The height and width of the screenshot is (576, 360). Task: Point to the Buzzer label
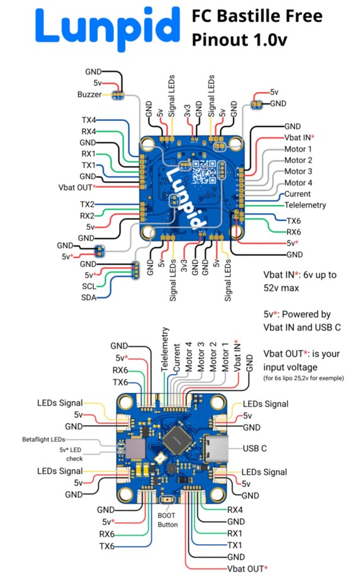coord(89,94)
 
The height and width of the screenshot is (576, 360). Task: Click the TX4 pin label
coord(89,120)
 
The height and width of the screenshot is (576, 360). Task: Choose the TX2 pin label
coord(87,204)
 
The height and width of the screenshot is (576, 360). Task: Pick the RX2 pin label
coord(87,216)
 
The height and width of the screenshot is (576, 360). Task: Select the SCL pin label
coord(89,286)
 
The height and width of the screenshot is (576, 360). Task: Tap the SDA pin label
coord(89,297)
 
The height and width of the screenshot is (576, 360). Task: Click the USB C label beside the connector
coord(254,448)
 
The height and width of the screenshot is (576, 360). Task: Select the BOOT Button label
coord(167,520)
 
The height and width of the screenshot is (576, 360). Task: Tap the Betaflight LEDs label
coord(43,439)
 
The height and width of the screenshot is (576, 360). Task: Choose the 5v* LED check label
coord(71,454)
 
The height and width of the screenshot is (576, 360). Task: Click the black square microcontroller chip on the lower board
coord(177,440)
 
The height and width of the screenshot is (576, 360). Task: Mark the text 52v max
coord(281,288)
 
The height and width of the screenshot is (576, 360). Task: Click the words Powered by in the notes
coord(307,315)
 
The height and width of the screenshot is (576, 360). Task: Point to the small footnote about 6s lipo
coord(303,378)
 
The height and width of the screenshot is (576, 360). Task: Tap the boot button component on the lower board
coord(167,500)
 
